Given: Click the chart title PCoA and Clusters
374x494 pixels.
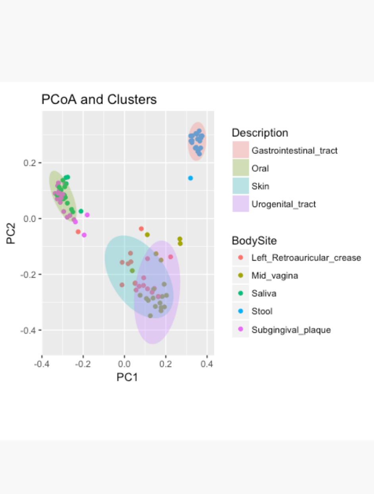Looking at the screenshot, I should pos(99,99).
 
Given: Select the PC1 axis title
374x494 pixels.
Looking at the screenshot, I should pos(127,377).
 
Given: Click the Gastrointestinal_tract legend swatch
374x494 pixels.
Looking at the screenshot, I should pos(241,150).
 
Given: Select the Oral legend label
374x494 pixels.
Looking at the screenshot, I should pos(260,168).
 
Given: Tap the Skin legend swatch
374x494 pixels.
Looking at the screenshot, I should pos(241,186).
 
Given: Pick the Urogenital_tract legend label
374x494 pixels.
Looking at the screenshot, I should pos(283,204).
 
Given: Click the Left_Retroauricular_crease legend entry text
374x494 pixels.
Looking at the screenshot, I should pos(306,258).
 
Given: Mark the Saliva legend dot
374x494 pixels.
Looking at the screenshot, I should pos(241,294).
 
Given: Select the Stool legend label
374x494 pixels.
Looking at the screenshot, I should pos(262,311).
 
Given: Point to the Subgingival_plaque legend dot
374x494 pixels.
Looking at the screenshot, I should pos(241,329).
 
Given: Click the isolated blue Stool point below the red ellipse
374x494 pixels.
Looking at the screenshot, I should pos(191,178).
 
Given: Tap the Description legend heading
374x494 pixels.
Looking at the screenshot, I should pos(260,133).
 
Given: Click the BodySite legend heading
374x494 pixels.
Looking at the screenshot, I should pos(254,240).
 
